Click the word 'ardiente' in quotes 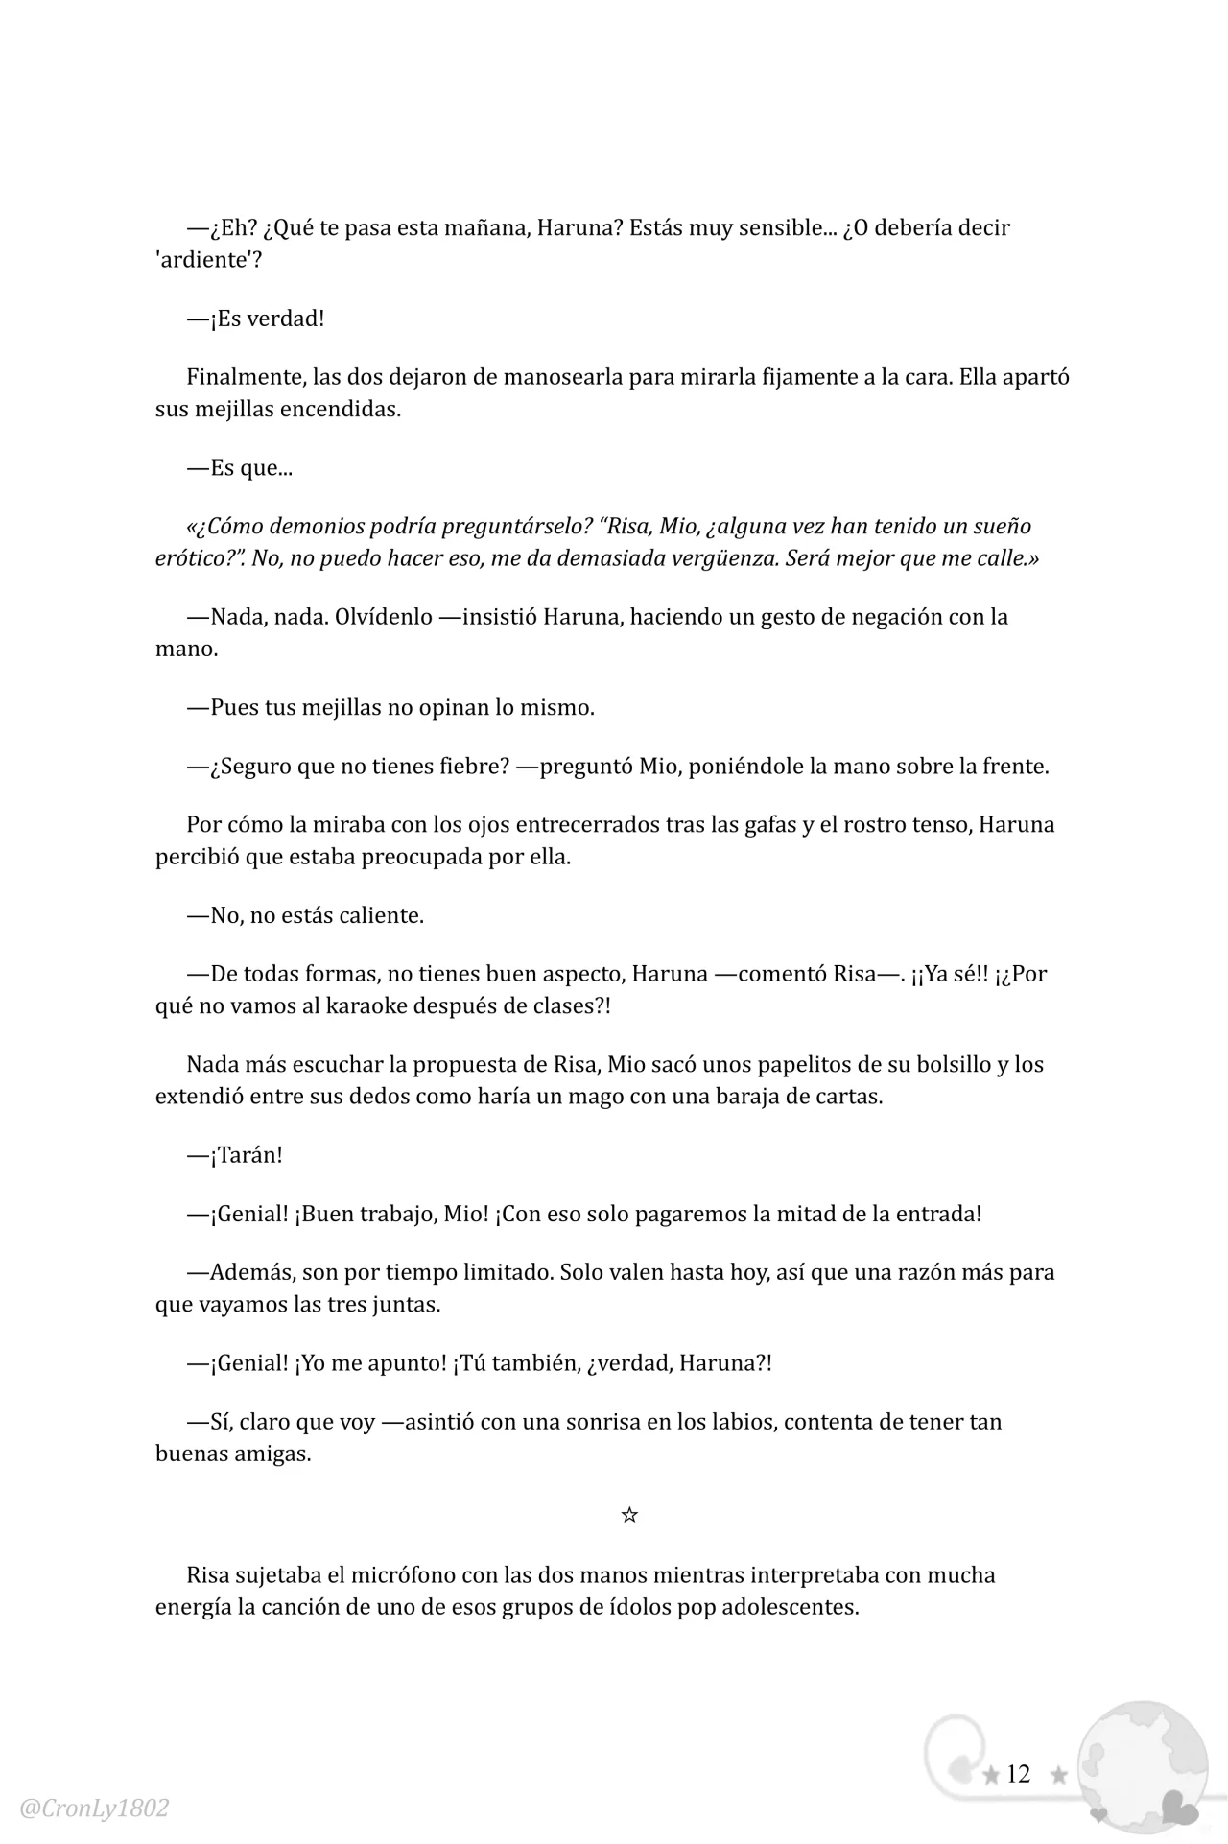(x=203, y=260)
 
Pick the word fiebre (x=466, y=767)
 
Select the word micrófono (x=401, y=1575)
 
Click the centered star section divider (x=629, y=1516)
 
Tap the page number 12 (x=1018, y=1774)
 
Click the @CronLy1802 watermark (x=94, y=1809)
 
